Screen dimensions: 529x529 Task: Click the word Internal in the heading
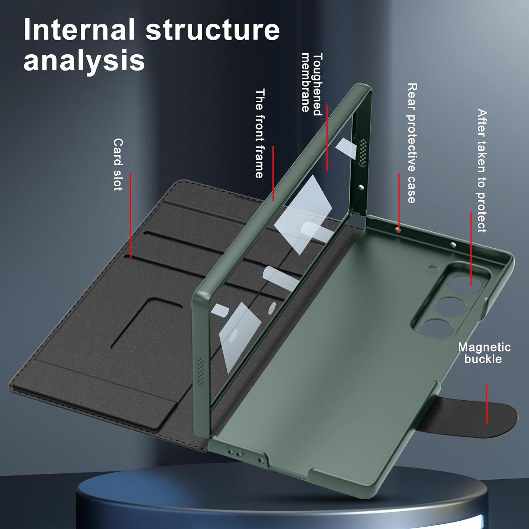tap(79, 30)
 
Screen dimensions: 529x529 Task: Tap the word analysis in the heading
tap(84, 61)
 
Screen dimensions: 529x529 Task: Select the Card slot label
tap(118, 164)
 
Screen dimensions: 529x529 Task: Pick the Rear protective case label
tap(412, 143)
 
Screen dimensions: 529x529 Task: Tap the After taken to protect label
tap(482, 171)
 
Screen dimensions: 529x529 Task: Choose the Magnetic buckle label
tap(484, 353)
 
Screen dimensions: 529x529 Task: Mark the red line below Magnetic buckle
tap(487, 404)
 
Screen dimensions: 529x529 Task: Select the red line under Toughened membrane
tap(327, 138)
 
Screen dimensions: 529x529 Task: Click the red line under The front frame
tap(273, 172)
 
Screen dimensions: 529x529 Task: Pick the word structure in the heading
tap(213, 30)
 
